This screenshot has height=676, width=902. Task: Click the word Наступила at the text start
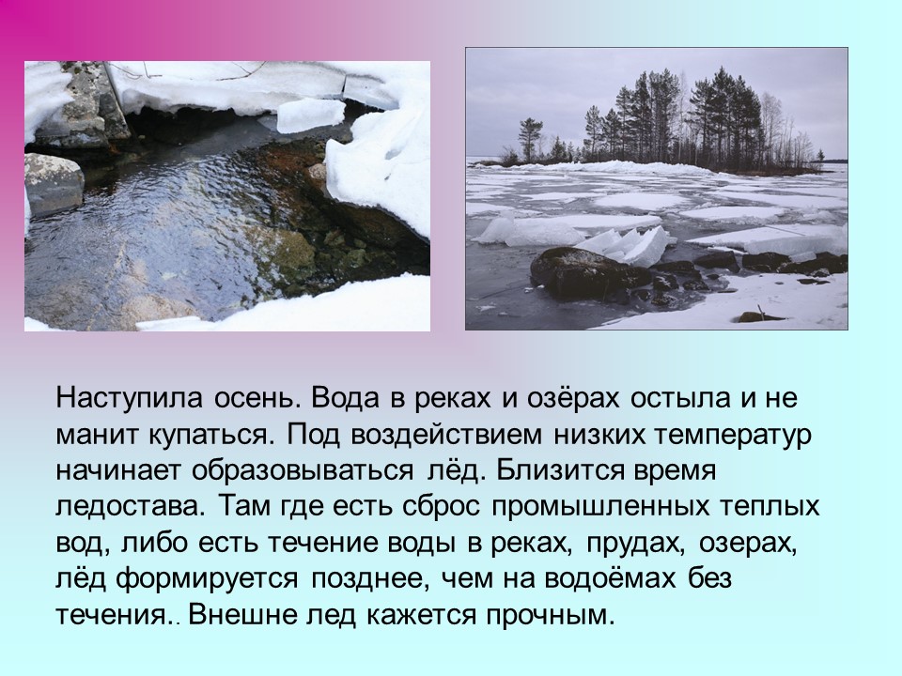[x=130, y=398]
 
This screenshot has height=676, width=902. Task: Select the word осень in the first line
[x=258, y=398]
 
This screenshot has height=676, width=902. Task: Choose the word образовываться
[x=303, y=470]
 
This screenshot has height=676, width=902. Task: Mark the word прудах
[x=636, y=544]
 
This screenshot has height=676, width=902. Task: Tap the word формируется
[x=207, y=579]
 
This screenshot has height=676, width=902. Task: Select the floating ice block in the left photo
[x=311, y=115]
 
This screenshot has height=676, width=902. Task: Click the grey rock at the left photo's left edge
[x=54, y=184]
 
